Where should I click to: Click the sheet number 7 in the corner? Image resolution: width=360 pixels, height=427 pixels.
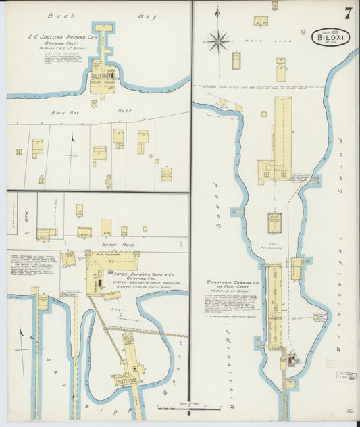[x=347, y=13]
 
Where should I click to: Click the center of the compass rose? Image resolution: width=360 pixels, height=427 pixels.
[x=217, y=41]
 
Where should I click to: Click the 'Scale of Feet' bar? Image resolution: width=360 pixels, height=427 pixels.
[x=190, y=407]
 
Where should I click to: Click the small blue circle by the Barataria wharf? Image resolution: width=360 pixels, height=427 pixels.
[x=292, y=360]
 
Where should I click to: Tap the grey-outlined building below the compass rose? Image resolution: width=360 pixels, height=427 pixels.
[x=236, y=61]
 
